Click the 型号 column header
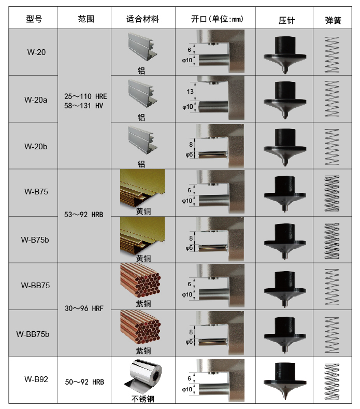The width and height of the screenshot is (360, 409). coord(34,20)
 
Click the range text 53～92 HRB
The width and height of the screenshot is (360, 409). coord(85,214)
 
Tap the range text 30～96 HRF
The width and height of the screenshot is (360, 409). coord(85,308)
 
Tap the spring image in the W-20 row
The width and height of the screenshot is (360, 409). coord(332,52)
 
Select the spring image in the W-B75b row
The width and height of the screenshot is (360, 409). coord(332,239)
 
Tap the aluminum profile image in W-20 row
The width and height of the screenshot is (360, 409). coord(142,48)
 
